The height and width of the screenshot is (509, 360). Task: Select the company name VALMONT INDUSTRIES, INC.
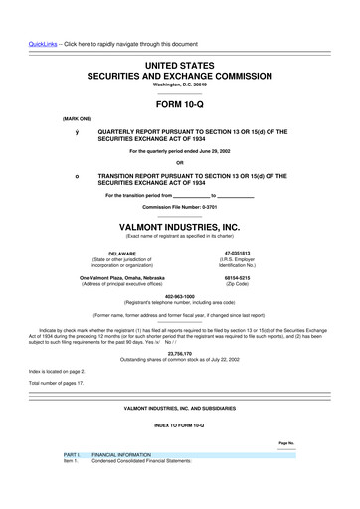[179, 227]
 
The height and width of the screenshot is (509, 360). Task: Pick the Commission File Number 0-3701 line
[179, 206]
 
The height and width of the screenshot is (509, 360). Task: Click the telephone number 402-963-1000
[179, 295]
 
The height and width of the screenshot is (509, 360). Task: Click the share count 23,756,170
[179, 352]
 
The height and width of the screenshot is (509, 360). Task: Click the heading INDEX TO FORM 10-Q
[179, 425]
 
